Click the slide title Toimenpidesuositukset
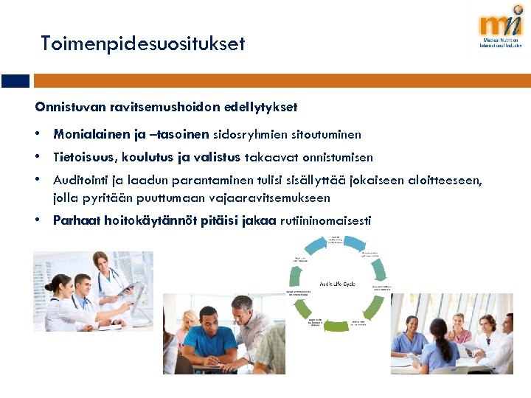click(142, 44)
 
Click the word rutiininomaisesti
click(327, 220)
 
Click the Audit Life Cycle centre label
click(337, 284)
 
